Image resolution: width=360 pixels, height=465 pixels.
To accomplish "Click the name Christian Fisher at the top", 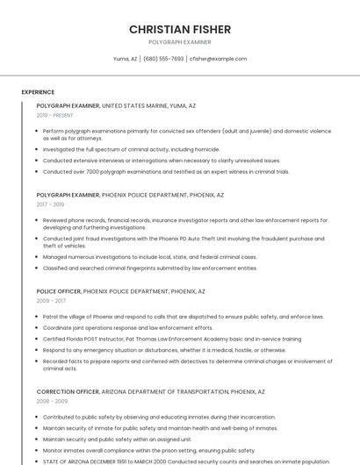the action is point(179,29).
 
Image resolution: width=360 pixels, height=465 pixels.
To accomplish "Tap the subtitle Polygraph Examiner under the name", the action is point(179,42).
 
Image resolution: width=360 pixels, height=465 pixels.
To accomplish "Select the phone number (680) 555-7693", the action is point(163,59).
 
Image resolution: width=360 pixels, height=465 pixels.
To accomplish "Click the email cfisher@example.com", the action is point(219,59).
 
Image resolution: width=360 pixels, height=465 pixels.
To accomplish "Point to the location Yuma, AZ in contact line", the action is point(125,59).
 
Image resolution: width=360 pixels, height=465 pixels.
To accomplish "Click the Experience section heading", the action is point(38,92).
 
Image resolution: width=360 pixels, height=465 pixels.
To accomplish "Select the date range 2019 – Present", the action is point(54,115).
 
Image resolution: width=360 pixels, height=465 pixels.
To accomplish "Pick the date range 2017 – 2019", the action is point(50,204).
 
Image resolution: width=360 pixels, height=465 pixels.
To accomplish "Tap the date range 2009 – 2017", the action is point(50,301).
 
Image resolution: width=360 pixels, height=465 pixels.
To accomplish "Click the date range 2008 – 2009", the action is point(50,401).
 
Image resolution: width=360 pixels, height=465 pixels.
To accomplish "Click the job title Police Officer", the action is point(59,291).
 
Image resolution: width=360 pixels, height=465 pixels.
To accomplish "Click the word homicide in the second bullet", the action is point(207,150).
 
